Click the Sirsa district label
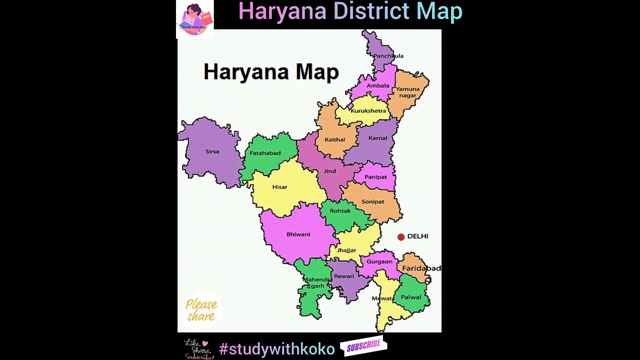pos(212,151)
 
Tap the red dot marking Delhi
pos(401,237)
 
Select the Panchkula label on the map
pos(388,56)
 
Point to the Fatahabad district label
pos(265,153)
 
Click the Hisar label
pos(279,187)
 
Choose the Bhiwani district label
pos(298,234)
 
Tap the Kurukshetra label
pos(368,111)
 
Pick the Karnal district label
pos(378,138)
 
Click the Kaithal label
pos(335,140)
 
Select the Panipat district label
pos(375,177)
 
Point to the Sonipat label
pos(373,202)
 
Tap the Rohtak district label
pos(340,211)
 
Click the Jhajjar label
pos(346,250)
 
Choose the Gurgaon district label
pos(379,261)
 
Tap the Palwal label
pos(411,297)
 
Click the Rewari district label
pos(344,276)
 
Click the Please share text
pos(201,310)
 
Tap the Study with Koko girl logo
pos(195,19)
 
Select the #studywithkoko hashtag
pos(276,349)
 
